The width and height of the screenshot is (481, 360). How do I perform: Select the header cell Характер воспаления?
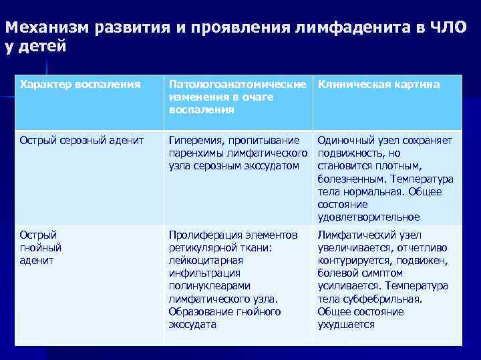point(80,85)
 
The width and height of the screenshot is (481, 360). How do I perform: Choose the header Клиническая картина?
point(378,85)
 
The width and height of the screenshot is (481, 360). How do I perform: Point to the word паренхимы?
point(195,153)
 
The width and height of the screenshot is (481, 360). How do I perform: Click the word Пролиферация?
point(202,235)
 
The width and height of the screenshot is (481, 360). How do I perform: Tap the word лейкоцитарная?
point(204,260)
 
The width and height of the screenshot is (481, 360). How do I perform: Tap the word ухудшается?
point(346,324)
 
